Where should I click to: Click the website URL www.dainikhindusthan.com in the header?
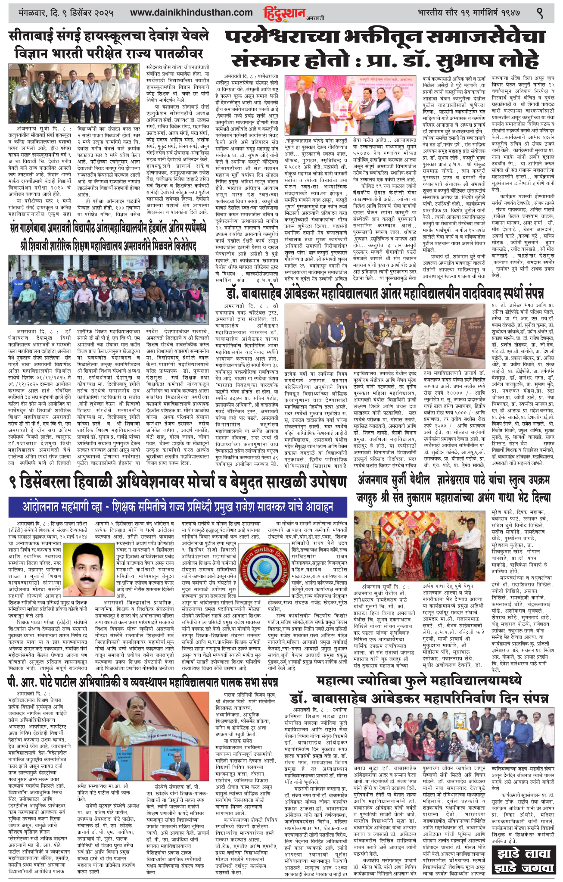coord(191,13)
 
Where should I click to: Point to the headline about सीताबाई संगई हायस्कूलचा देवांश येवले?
coord(109,44)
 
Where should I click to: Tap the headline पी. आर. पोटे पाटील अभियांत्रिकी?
coord(142,683)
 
